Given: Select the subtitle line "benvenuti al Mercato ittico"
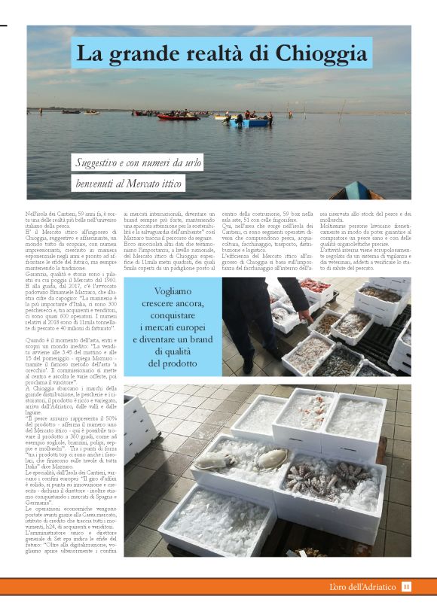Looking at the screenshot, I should coord(128,182).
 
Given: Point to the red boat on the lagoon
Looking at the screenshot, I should coord(179,116).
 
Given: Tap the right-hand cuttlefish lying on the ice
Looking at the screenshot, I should coord(273,457).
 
